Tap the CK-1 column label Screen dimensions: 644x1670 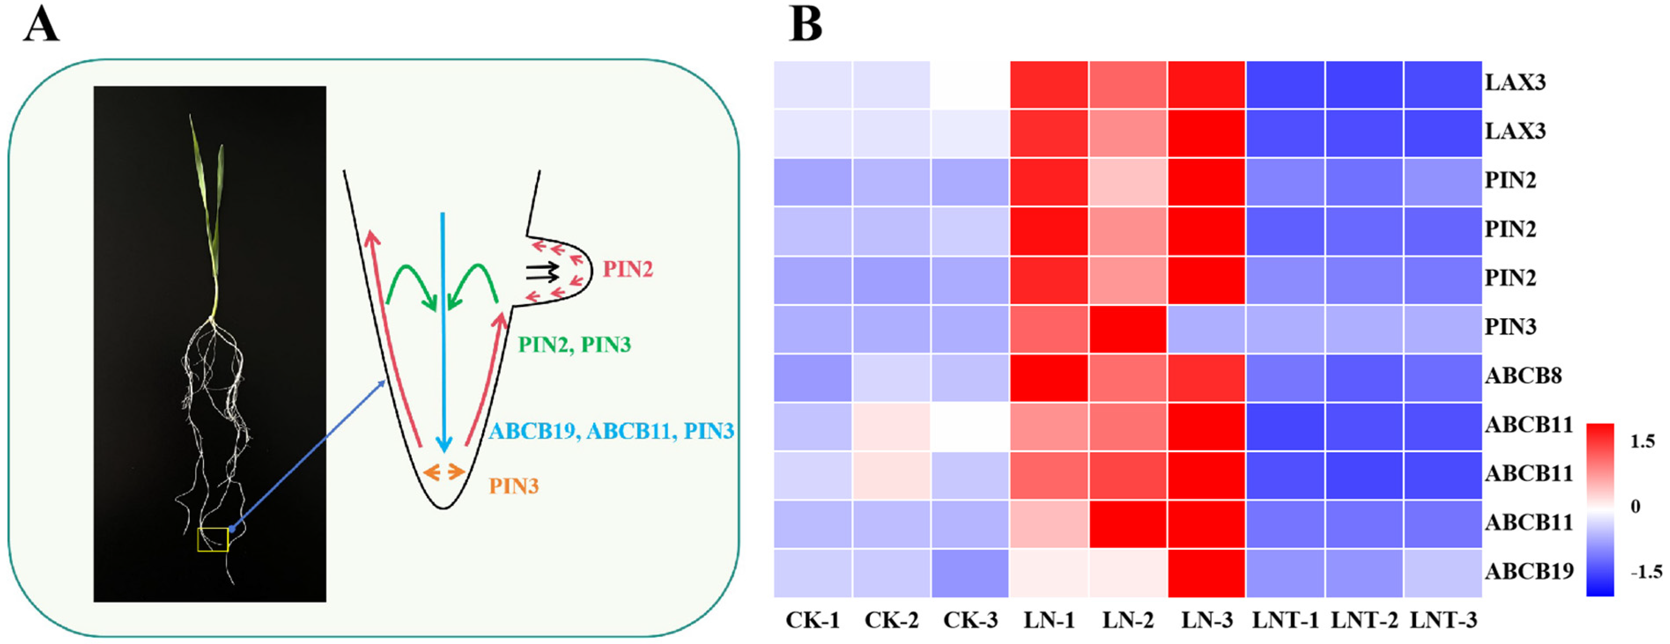click(x=813, y=620)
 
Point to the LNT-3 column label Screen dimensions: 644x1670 click(x=1444, y=620)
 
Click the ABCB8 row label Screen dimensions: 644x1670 click(x=1523, y=376)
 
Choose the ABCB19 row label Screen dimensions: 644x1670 click(x=1529, y=571)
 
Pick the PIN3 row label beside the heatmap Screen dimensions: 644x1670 click(x=1511, y=327)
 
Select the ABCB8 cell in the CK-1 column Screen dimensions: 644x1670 click(x=813, y=378)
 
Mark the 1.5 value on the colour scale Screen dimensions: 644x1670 click(x=1642, y=441)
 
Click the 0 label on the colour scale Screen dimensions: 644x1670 click(x=1635, y=506)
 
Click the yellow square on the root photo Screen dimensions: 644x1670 click(x=213, y=540)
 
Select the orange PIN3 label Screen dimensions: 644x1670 click(x=514, y=486)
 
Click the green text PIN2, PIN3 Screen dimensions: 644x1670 click(x=574, y=345)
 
